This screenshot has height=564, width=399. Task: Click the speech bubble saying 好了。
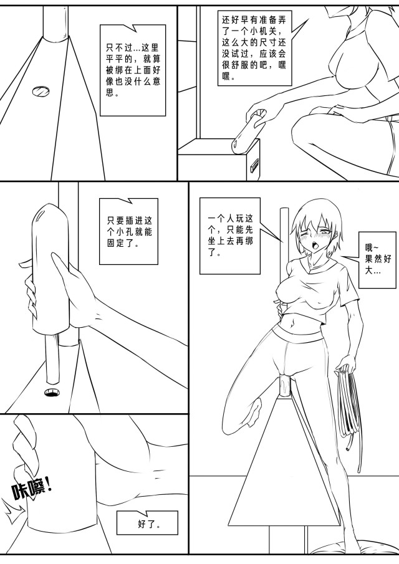pyautogui.click(x=147, y=523)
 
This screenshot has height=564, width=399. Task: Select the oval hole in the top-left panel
pyautogui.click(x=41, y=92)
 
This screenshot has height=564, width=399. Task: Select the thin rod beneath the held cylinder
pyautogui.click(x=52, y=358)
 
